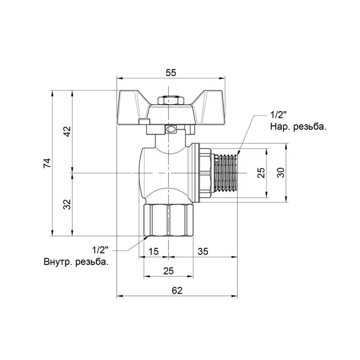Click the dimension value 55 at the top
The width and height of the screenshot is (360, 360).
coord(171,72)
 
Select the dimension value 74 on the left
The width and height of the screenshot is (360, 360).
coord(48,163)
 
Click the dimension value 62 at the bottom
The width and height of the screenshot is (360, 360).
coord(177,291)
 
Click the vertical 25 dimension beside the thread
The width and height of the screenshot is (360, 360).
coord(261,173)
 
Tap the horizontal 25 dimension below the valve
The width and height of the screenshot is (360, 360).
coord(168,271)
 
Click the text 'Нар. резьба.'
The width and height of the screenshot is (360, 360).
coord(298,127)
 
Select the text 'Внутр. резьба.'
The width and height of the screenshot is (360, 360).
coord(76,262)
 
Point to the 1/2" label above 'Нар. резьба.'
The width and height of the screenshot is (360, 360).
coord(279,115)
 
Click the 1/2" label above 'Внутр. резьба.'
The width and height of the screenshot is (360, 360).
coord(101,250)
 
